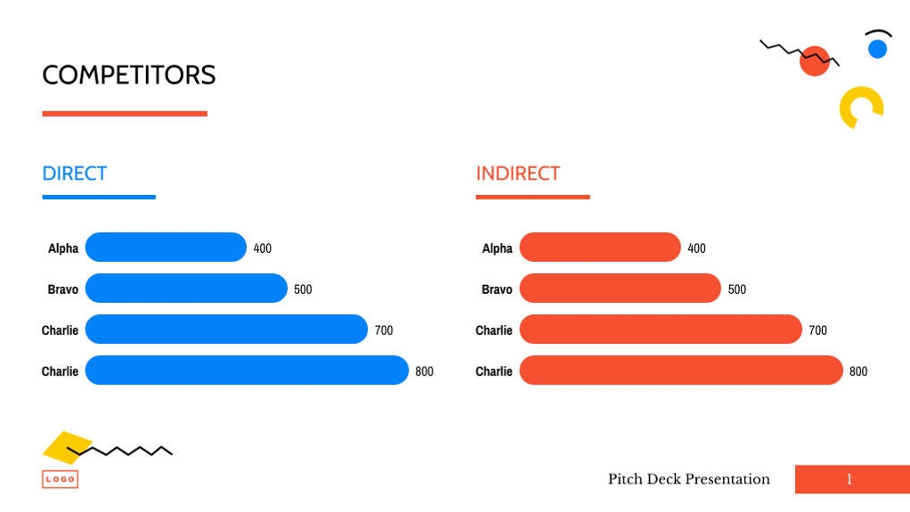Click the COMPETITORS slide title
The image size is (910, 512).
coord(129,75)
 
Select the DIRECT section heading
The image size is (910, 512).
coord(75,174)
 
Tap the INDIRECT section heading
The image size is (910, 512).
coord(517,174)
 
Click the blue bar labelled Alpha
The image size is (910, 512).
coord(166,248)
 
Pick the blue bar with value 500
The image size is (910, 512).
coord(186,289)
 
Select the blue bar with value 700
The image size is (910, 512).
coord(226,329)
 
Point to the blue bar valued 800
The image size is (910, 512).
coord(247,370)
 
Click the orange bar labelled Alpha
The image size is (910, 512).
coord(599,248)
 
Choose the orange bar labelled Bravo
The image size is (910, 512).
coord(620,289)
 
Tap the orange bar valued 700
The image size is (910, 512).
coord(660,329)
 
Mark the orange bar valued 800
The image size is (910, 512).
coord(680,370)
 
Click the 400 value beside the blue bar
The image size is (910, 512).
coord(263,248)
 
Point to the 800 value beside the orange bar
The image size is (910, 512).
coord(858,371)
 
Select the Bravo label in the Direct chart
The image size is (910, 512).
coord(62,289)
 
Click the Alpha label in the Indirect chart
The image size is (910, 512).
coord(497,248)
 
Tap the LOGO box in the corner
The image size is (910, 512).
coord(60,479)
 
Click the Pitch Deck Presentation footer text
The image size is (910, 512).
coord(688,479)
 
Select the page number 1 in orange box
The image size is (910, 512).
coord(849,479)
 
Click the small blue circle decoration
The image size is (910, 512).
coord(878,49)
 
